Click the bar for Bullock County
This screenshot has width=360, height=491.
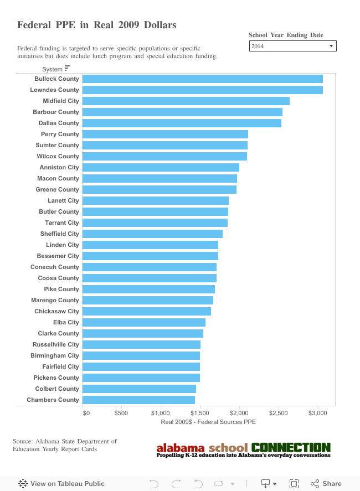pos(202,79)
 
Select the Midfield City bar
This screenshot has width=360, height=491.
pos(186,101)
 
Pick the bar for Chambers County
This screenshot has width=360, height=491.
pos(138,400)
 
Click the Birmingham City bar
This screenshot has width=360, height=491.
pos(141,355)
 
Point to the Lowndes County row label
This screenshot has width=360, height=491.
pos(54,90)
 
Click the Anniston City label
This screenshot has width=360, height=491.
pos(59,167)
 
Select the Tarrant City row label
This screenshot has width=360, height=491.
pos(62,223)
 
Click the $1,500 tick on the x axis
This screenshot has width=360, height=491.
pos(200,412)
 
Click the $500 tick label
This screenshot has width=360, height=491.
pos(121,412)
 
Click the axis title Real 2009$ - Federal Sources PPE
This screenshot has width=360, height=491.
pos(208,422)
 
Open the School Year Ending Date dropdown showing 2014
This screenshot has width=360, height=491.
pos(292,46)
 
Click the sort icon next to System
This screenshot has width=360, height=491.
pos(68,69)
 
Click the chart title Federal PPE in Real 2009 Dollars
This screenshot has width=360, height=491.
pos(97,25)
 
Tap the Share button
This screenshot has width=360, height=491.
pos(326,483)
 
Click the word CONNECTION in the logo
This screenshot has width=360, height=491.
pos(291,447)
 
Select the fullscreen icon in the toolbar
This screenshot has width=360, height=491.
pos(294,483)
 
